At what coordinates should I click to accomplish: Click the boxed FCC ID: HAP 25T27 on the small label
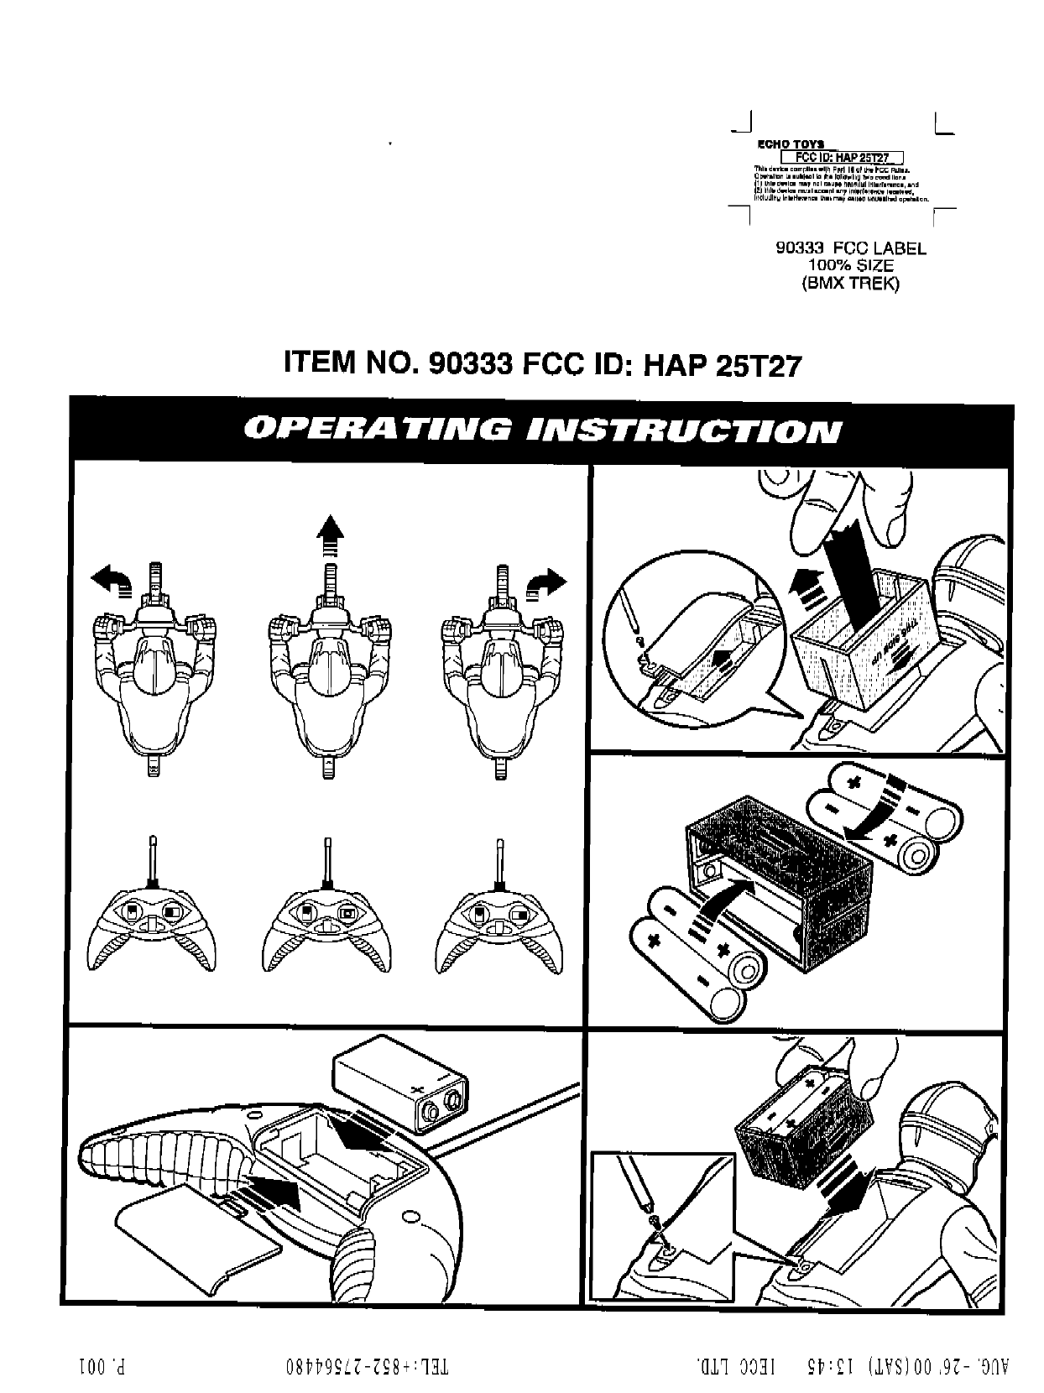pos(842,158)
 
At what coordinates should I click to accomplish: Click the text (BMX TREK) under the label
pos(850,284)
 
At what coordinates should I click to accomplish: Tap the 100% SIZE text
pos(851,266)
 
